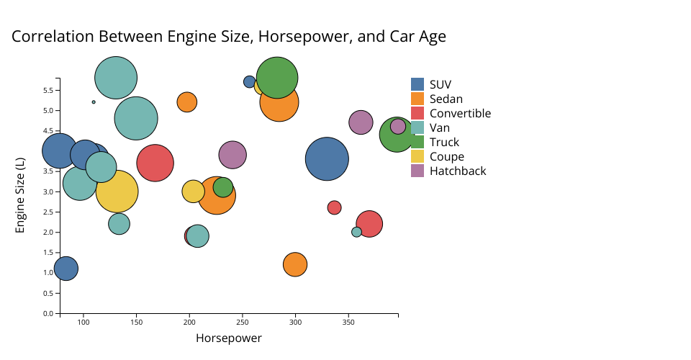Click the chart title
229,36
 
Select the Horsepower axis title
229,338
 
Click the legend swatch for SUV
417,84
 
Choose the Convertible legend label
460,113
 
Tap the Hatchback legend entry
458,171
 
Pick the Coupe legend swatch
417,156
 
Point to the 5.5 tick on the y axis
48,90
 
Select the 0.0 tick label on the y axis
48,313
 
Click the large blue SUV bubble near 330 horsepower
327,159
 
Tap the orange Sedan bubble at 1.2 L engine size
295,264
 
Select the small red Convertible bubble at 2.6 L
334,207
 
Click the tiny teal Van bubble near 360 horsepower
356,232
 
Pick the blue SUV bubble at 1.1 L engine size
66,269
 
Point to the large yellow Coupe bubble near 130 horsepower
117,191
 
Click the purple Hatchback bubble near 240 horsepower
232,153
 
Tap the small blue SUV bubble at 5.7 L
249,82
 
